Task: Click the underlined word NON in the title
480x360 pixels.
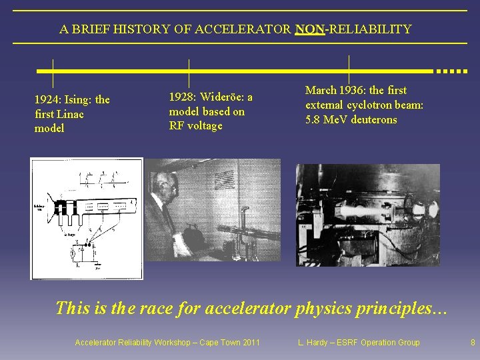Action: [309, 29]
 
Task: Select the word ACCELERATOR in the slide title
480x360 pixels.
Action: [249, 29]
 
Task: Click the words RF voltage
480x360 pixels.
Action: [195, 126]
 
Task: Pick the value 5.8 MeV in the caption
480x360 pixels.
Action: [327, 120]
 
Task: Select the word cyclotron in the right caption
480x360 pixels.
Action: [369, 105]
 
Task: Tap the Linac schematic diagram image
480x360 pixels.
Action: [87, 218]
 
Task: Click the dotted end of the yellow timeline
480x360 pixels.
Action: [451, 71]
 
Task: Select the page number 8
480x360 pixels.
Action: [473, 343]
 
